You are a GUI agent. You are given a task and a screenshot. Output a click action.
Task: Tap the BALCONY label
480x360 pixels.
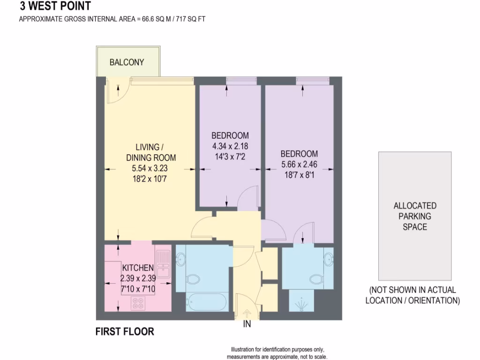point(127,62)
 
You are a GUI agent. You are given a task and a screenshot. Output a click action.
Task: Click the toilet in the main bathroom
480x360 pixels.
point(193,280)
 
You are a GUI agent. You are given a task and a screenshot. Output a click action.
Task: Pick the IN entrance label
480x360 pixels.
point(247,324)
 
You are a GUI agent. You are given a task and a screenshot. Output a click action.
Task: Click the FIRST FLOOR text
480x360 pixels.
point(125,332)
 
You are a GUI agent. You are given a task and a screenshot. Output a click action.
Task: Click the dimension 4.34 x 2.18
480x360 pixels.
point(230,146)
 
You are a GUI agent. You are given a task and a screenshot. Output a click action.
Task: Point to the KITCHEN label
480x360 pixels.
point(138,268)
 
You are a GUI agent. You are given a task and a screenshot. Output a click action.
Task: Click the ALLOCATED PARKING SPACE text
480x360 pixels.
point(415,216)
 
